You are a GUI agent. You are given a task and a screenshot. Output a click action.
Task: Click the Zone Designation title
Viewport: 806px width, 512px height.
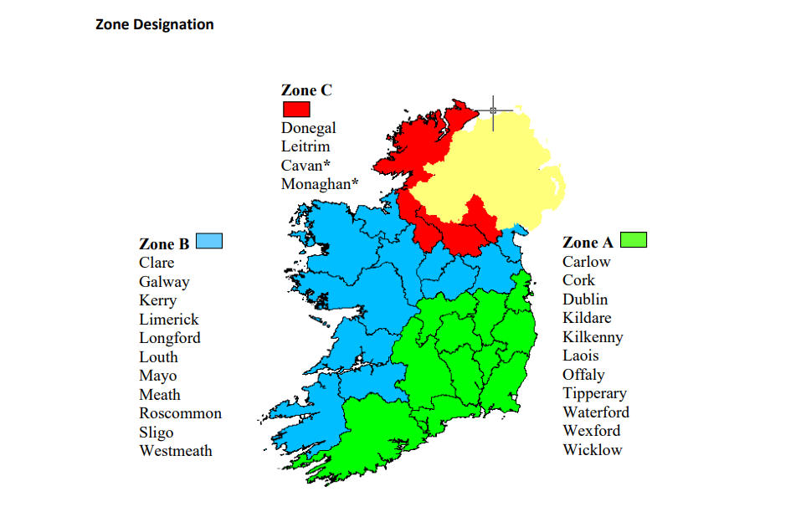pyautogui.click(x=155, y=24)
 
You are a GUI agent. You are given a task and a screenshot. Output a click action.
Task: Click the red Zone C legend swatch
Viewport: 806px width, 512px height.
pyautogui.click(x=296, y=109)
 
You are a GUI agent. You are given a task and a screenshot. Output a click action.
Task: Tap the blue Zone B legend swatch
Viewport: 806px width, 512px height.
pyautogui.click(x=209, y=242)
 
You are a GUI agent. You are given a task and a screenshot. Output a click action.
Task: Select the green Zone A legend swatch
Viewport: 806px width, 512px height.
pyautogui.click(x=634, y=240)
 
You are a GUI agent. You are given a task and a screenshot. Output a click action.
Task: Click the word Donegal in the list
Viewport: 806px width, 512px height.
pyautogui.click(x=308, y=128)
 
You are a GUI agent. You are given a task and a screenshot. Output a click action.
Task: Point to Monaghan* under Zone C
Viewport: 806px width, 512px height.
pyautogui.click(x=320, y=184)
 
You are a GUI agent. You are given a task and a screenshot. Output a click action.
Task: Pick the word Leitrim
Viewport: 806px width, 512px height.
pyautogui.click(x=305, y=146)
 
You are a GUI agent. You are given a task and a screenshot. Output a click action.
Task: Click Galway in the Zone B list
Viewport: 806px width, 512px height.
pyautogui.click(x=164, y=282)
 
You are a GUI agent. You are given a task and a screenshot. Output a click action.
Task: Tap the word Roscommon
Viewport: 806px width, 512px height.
pyautogui.click(x=180, y=413)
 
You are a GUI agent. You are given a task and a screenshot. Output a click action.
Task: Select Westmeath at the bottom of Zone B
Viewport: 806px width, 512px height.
pyautogui.click(x=176, y=451)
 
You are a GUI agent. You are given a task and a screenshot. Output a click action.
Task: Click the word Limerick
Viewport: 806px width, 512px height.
pyautogui.click(x=169, y=320)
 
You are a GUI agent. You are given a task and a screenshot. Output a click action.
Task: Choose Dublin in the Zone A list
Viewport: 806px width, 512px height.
pyautogui.click(x=585, y=300)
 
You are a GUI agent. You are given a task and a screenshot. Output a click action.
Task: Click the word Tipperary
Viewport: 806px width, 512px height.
pyautogui.click(x=594, y=393)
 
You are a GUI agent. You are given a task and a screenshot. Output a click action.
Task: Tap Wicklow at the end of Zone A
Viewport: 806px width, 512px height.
pyautogui.click(x=593, y=450)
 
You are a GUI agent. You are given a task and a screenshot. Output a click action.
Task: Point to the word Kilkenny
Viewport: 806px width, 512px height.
pyautogui.click(x=593, y=337)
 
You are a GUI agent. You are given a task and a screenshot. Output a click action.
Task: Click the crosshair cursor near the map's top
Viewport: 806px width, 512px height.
pyautogui.click(x=493, y=110)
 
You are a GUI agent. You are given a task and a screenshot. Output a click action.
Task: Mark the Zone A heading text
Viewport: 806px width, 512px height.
pyautogui.click(x=588, y=243)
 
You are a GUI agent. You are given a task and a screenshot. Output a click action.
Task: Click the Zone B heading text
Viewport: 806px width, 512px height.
pyautogui.click(x=164, y=244)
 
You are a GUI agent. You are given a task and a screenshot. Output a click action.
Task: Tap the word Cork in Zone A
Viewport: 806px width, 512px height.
pyautogui.click(x=578, y=280)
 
